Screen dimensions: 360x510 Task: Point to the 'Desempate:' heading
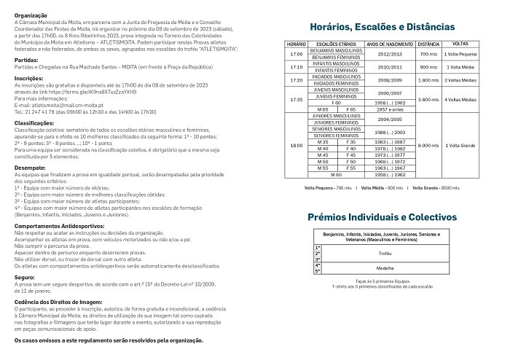(x=30, y=168)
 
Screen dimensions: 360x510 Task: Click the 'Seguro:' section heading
(x=25, y=277)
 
